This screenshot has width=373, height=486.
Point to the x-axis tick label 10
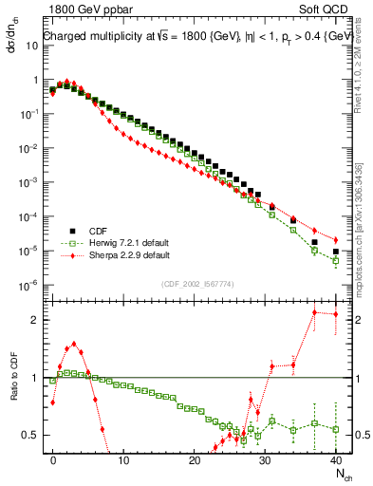pyautogui.click(x=123, y=458)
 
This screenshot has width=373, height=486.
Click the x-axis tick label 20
pyautogui.click(x=195, y=458)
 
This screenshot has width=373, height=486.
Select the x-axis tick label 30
pyautogui.click(x=265, y=458)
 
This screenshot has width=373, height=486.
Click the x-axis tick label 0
pyautogui.click(x=53, y=458)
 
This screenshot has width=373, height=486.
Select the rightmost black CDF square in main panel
pyautogui.click(x=336, y=252)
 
